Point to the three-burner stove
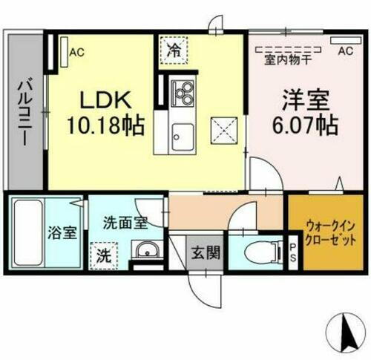click(182, 93)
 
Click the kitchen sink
click(181, 137)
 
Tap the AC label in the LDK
click(76, 53)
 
